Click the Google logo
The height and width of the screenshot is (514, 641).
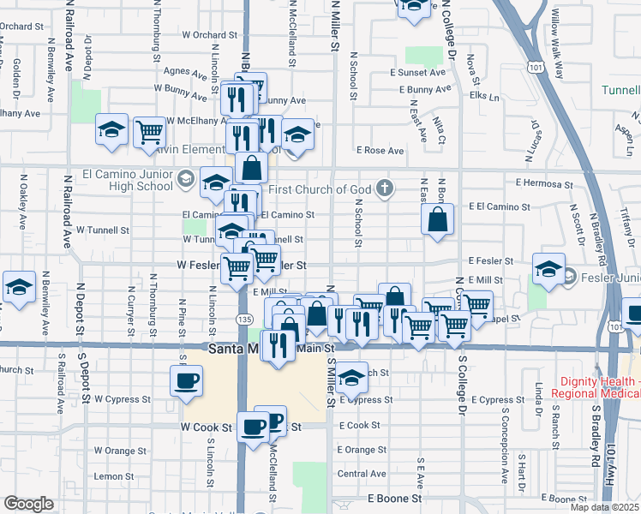click(28, 504)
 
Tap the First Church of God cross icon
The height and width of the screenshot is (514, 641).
click(386, 189)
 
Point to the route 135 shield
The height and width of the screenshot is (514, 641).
click(245, 318)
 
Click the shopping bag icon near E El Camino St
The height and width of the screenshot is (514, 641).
click(437, 219)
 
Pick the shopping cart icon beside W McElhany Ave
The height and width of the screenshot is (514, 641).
click(149, 131)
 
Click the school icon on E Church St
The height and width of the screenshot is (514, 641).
click(351, 376)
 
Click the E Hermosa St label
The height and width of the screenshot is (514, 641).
click(543, 184)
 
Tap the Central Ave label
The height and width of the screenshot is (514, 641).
click(362, 473)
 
